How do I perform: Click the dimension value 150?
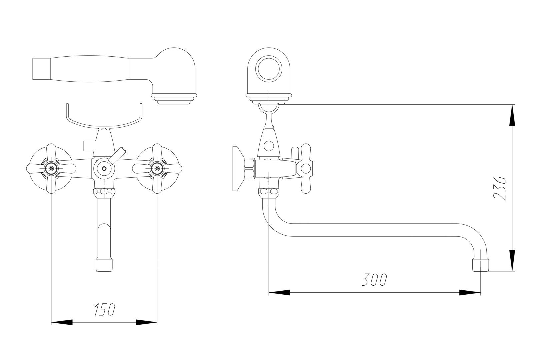coord(105,310)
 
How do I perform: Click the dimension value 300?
coord(374,280)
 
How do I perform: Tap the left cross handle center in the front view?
coord(51,169)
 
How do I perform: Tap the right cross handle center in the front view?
coord(157,169)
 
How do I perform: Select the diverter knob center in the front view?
coord(104,169)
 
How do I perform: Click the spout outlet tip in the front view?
coord(104,265)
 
